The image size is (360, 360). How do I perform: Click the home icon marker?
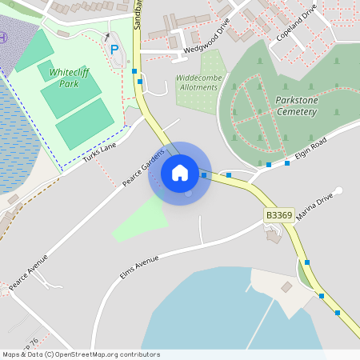[180, 173]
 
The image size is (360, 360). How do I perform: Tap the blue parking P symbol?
[114, 50]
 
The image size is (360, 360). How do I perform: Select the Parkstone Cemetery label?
[286, 106]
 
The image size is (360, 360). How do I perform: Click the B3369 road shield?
[278, 215]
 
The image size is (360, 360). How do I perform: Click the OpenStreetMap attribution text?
[81, 354]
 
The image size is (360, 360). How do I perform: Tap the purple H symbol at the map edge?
[2, 37]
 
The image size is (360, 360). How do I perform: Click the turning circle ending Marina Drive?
[338, 190]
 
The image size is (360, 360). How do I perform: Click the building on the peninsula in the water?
[286, 286]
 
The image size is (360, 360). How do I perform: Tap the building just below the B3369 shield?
[274, 235]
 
